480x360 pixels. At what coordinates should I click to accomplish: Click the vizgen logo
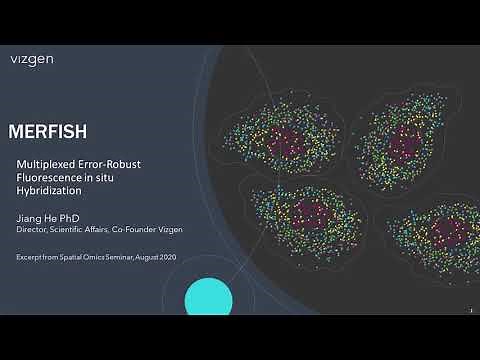tap(33, 59)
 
